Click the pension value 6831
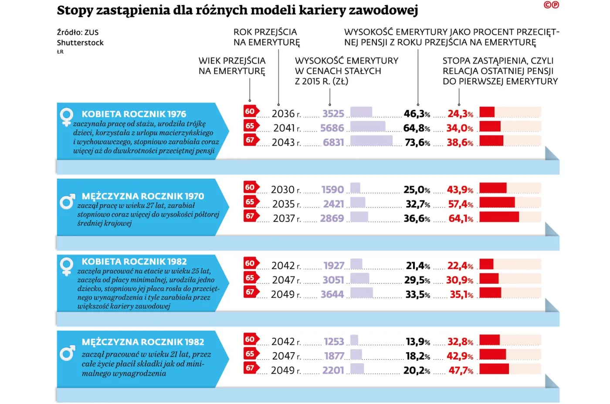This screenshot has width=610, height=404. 333,143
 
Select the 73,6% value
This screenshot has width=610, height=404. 417,143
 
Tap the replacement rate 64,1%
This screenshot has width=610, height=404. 461,218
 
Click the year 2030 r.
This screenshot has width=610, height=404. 285,190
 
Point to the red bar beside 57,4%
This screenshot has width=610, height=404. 497,202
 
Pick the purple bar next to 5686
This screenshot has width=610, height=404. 368,127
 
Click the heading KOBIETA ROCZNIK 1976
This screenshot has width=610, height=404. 134,114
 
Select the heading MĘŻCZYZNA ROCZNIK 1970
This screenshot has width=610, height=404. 142,196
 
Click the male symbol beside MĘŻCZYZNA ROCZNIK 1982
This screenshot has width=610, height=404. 67,353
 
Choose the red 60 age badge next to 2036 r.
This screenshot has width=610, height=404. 251,111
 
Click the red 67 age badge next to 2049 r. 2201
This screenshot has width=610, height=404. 251,368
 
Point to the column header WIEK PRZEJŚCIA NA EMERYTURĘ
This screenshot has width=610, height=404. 232,66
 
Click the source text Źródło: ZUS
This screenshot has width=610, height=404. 78,32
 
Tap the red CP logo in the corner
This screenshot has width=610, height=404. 551,5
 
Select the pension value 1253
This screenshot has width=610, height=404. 334,342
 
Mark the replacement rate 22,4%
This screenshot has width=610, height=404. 460,266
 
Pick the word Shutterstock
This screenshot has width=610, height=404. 80,43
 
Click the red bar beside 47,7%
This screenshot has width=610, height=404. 494,369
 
